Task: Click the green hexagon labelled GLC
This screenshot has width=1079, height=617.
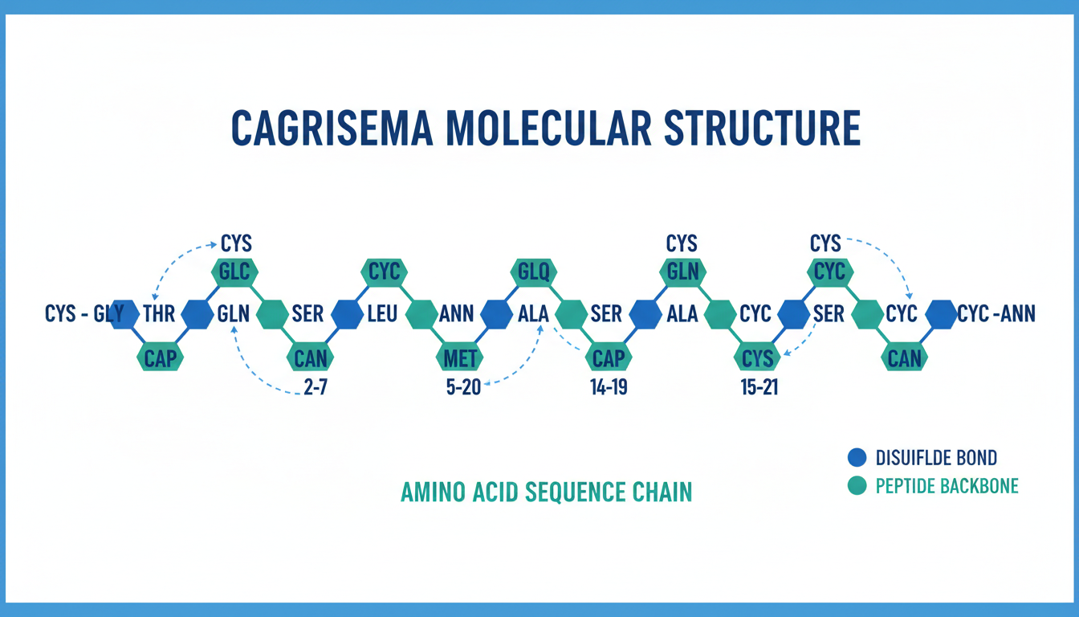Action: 234,272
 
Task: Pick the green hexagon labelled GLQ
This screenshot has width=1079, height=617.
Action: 533,272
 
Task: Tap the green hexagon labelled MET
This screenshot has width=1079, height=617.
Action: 459,357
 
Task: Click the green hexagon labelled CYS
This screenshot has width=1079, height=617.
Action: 756,357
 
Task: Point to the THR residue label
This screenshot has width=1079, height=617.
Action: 158,314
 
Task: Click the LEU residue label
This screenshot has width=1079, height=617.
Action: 382,314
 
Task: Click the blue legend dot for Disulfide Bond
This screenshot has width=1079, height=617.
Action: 857,458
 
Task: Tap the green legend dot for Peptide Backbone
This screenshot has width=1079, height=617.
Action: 857,486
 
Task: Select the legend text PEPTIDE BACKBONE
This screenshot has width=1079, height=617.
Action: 947,486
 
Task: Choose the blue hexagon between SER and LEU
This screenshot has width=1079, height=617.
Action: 347,314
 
